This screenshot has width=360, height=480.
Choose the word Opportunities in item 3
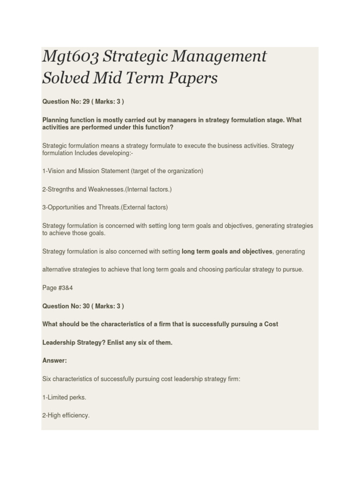pos(67,207)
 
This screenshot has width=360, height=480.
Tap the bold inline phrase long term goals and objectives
pos(227,252)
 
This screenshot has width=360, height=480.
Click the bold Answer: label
pos(55,360)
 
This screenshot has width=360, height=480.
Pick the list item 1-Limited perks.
pos(64,397)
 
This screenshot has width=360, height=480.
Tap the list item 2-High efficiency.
pos(66,415)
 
